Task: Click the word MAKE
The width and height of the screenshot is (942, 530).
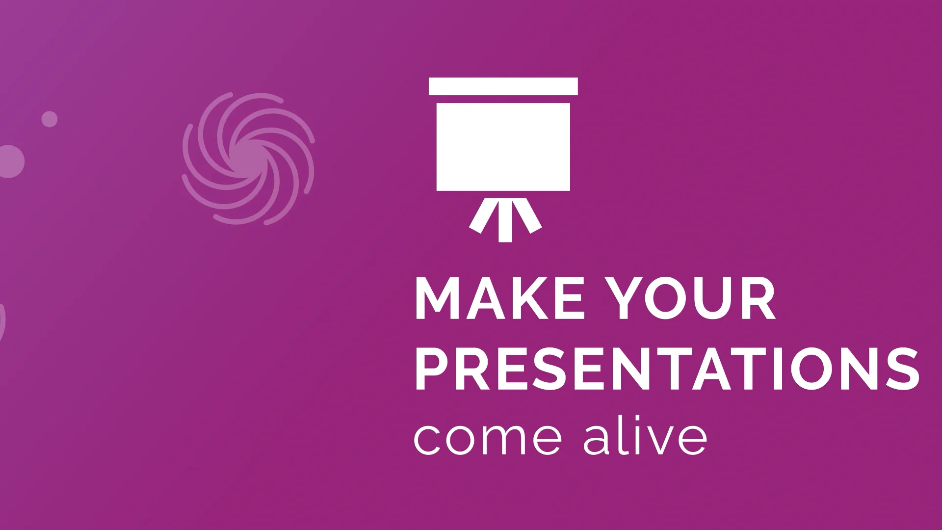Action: point(499,298)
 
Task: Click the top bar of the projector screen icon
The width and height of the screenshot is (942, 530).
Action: point(503,86)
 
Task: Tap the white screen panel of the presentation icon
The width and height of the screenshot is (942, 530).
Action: point(503,146)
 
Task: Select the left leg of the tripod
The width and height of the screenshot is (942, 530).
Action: point(479,214)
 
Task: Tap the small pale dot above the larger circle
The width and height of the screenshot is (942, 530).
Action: point(49,119)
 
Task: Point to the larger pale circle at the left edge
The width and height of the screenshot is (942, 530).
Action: point(10,161)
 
